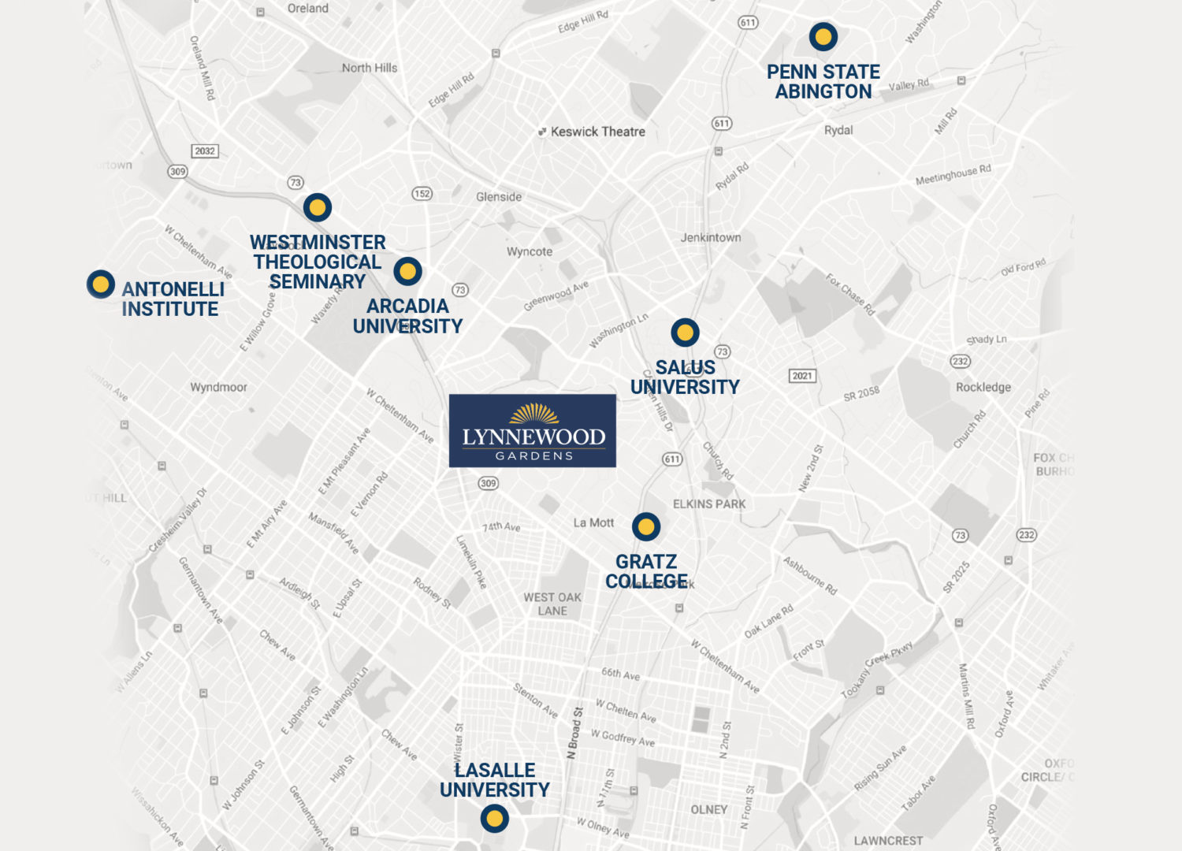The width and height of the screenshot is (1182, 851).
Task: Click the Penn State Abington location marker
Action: tap(823, 36)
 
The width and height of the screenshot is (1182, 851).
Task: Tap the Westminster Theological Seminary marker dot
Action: tap(318, 207)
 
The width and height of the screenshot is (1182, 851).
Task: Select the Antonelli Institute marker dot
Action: tap(101, 284)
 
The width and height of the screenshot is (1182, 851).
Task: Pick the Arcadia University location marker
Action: tap(407, 271)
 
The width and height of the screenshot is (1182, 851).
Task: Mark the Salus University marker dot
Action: tap(685, 333)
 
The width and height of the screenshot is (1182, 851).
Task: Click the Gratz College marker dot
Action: tap(646, 526)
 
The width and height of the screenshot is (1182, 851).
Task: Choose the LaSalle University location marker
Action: tap(494, 819)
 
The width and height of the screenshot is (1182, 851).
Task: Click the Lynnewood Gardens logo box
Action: tap(533, 431)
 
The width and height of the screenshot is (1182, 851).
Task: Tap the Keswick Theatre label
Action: tap(597, 132)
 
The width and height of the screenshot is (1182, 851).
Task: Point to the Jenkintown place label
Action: tap(711, 237)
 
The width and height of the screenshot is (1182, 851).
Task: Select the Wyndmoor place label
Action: tap(218, 387)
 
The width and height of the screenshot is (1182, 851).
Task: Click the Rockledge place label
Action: tap(983, 387)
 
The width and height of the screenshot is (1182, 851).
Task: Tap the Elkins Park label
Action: tap(709, 504)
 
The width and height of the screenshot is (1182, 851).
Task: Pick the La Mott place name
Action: tap(593, 522)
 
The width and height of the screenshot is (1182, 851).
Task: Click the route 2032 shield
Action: tap(205, 151)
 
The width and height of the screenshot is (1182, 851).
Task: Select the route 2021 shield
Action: tap(802, 376)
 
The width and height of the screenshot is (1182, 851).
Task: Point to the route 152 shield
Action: tap(422, 193)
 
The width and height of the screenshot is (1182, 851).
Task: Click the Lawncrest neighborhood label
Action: tap(888, 841)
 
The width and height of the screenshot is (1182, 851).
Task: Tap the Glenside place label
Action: tap(499, 196)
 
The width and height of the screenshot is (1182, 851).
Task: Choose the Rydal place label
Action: tap(838, 130)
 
